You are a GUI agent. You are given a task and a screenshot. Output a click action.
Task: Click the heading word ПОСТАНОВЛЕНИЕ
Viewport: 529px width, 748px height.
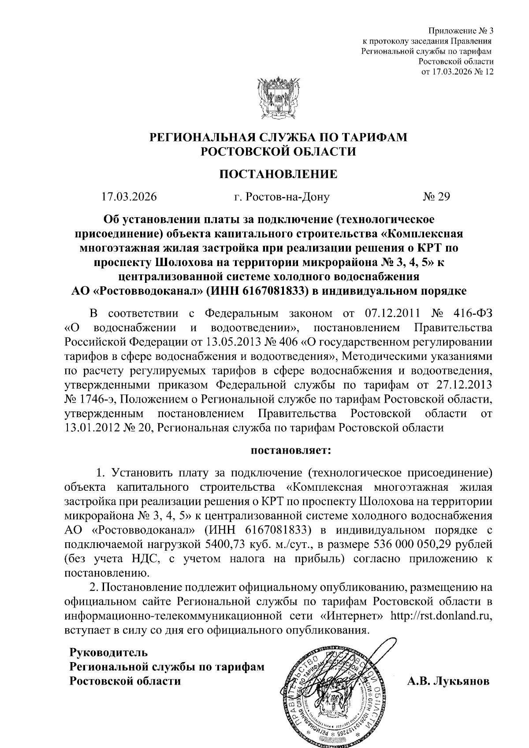click(278, 174)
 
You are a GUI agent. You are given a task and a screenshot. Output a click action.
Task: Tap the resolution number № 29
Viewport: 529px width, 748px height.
click(436, 196)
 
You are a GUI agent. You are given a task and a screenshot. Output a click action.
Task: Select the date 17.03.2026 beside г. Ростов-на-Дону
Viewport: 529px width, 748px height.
click(129, 196)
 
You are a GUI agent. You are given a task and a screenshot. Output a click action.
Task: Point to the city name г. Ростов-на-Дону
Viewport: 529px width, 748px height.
click(282, 196)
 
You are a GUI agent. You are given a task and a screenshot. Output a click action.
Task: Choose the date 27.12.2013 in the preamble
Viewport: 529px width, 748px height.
click(462, 385)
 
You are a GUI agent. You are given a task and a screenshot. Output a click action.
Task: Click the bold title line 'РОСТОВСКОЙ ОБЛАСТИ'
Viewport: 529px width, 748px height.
click(278, 152)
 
